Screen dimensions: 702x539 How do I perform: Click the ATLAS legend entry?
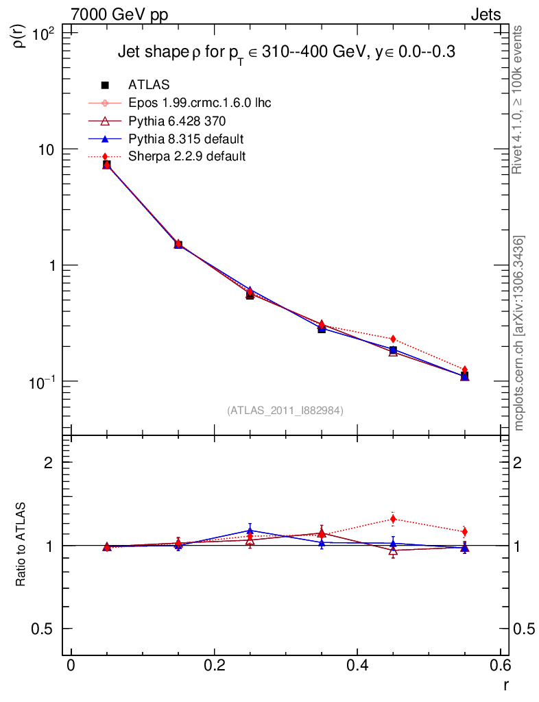pos(149,85)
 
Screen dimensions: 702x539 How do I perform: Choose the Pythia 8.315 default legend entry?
pos(186,139)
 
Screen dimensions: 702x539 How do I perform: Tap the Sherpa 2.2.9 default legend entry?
pos(187,156)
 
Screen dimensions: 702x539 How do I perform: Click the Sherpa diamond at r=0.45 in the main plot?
pos(393,339)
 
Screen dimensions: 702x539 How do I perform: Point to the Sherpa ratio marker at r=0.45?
pos(393,519)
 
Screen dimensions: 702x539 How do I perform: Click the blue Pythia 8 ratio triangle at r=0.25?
pos(250,531)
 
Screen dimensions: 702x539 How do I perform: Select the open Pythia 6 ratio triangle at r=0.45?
pos(393,550)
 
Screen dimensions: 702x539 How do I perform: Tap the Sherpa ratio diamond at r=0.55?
pos(465,531)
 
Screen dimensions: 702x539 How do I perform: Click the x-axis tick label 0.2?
pos(214,666)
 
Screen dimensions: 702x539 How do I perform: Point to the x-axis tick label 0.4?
pos(357,666)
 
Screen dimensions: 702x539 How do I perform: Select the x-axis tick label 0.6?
pos(500,666)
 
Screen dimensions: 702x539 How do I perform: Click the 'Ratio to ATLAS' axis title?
pos(21,545)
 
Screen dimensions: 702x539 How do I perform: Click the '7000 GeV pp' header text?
pos(119,14)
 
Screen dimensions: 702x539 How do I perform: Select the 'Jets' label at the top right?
pos(485,14)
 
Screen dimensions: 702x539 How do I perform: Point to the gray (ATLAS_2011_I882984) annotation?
pos(285,410)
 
